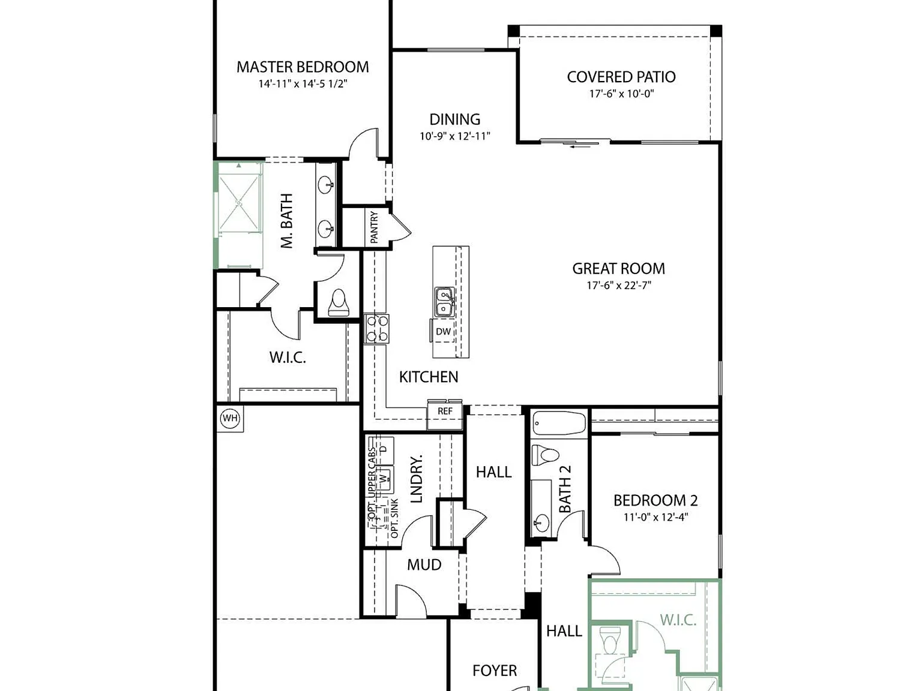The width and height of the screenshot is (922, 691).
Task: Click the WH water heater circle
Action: (230, 418)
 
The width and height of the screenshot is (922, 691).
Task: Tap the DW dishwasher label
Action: (443, 332)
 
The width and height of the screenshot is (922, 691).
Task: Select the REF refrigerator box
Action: (445, 414)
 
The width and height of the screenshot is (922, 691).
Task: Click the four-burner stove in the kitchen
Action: (376, 329)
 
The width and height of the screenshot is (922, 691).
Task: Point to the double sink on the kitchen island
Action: (444, 302)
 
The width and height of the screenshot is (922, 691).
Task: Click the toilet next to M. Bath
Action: (339, 302)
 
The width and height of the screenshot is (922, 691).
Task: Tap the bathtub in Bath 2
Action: (559, 423)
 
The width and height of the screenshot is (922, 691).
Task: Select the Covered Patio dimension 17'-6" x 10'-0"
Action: (621, 94)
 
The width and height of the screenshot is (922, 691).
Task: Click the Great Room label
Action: (619, 269)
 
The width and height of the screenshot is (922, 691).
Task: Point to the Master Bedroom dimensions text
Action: (303, 84)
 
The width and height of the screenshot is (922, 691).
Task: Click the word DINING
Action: (455, 119)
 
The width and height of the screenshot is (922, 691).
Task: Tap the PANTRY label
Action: (374, 227)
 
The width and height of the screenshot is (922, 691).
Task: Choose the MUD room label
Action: (424, 564)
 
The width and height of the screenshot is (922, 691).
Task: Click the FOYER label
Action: (495, 671)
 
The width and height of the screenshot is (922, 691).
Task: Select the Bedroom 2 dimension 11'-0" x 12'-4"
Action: (655, 517)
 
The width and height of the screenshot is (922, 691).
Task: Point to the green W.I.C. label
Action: (678, 620)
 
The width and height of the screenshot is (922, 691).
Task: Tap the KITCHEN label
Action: (429, 377)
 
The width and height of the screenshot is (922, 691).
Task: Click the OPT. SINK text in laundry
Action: (394, 518)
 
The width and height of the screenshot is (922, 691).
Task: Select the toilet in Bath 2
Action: (545, 455)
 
